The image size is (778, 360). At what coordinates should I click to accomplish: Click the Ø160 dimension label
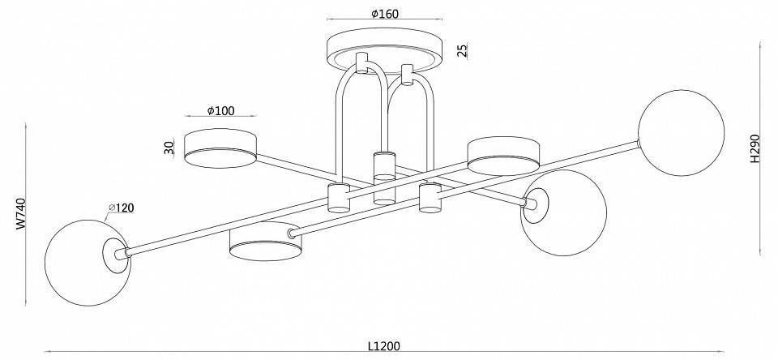384,14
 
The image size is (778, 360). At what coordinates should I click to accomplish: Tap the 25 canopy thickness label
463,50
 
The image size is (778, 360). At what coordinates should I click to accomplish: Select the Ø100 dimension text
220,110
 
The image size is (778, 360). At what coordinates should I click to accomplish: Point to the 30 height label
169,148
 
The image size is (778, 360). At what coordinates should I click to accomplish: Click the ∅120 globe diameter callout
122,208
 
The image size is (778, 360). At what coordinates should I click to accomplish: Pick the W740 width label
20,213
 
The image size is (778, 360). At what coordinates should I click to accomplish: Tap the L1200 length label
384,346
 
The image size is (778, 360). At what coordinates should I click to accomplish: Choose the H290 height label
754,148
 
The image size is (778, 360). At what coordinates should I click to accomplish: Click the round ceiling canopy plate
384,49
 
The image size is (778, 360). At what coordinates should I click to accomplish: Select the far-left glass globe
88,263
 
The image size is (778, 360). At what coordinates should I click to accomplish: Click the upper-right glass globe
682,133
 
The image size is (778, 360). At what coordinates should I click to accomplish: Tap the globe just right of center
564,213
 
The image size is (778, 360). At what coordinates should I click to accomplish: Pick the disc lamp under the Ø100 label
220,148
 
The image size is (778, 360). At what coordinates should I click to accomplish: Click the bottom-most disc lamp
266,242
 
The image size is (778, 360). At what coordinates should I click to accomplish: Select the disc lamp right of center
503,156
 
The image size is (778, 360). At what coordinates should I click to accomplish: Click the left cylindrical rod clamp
339,198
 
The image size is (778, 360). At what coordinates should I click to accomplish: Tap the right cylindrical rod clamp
430,198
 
